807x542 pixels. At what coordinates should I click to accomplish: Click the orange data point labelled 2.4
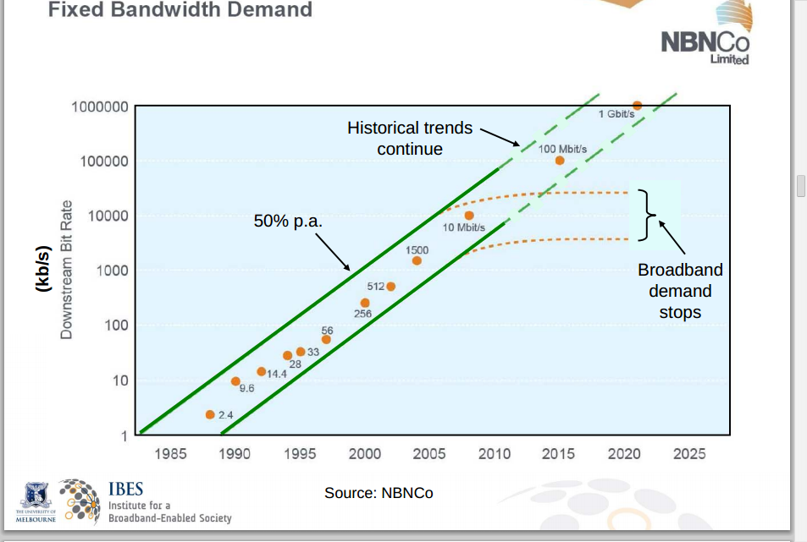pos(210,414)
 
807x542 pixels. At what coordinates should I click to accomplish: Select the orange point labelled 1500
pos(417,260)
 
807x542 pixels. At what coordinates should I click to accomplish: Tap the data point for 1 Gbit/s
pos(637,105)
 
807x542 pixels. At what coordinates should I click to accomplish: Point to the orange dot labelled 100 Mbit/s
pos(560,160)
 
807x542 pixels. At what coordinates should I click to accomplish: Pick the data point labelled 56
pos(326,339)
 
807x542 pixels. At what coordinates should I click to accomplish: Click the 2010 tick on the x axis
pos(495,454)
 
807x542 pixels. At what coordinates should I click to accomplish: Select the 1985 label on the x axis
pos(170,454)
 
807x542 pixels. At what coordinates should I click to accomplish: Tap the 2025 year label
pos(689,454)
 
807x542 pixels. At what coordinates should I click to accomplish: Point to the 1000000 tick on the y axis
pos(99,107)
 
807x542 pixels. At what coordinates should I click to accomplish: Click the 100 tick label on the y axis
pos(114,326)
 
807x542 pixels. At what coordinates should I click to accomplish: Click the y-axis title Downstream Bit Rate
pos(66,270)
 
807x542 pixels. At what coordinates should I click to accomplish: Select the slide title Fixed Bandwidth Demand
pos(180,10)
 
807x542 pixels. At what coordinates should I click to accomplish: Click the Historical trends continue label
pos(410,139)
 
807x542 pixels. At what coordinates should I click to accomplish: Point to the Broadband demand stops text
pos(680,291)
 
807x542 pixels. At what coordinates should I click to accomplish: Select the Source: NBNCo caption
pos(379,492)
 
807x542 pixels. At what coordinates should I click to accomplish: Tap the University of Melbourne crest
pos(35,500)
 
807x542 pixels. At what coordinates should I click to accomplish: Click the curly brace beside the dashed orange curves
pos(648,215)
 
